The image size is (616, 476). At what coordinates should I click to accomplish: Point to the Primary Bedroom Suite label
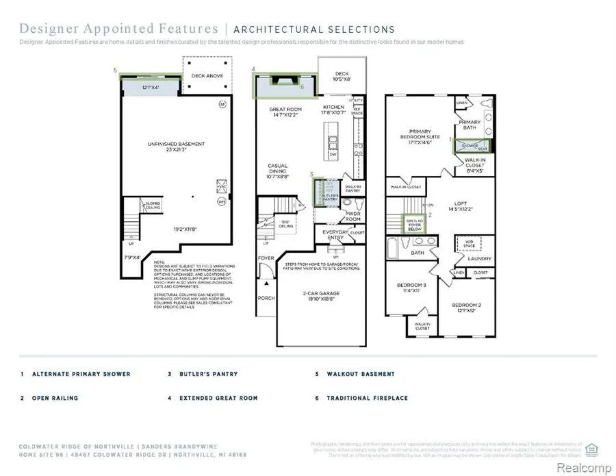(424, 137)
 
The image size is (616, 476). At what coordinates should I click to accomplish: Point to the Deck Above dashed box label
(207, 76)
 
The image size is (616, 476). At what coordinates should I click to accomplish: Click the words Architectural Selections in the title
(314, 29)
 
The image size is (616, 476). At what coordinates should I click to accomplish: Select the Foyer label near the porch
(266, 258)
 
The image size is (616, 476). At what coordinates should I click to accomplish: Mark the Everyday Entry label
(335, 235)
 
